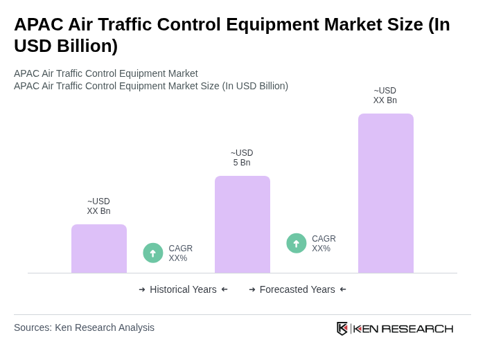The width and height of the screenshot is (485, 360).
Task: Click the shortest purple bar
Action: click(x=99, y=249)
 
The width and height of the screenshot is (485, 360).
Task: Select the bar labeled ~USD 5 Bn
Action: click(x=242, y=224)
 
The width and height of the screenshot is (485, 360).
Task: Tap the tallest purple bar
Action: click(x=385, y=193)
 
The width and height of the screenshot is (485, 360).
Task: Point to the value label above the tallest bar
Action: click(x=385, y=96)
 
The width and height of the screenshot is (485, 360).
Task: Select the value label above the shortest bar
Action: click(x=98, y=206)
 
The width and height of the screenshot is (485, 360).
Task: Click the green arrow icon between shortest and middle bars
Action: click(x=153, y=253)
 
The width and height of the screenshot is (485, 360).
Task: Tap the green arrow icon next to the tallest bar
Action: click(x=297, y=243)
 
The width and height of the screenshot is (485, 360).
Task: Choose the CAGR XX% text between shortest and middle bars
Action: click(x=180, y=253)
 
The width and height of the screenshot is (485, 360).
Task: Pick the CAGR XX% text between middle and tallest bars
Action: click(x=324, y=244)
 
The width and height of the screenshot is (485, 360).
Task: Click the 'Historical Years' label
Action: click(x=183, y=289)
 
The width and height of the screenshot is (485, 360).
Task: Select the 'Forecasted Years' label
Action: click(x=297, y=289)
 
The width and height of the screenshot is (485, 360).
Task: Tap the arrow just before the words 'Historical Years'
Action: click(x=142, y=289)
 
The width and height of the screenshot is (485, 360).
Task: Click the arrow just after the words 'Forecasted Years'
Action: click(x=343, y=289)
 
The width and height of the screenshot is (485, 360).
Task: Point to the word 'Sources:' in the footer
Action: click(x=33, y=327)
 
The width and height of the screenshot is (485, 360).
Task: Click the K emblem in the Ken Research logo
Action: click(x=342, y=328)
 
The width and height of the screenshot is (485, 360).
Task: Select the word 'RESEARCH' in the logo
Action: click(x=417, y=328)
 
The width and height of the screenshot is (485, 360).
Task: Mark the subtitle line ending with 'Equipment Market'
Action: click(x=106, y=73)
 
